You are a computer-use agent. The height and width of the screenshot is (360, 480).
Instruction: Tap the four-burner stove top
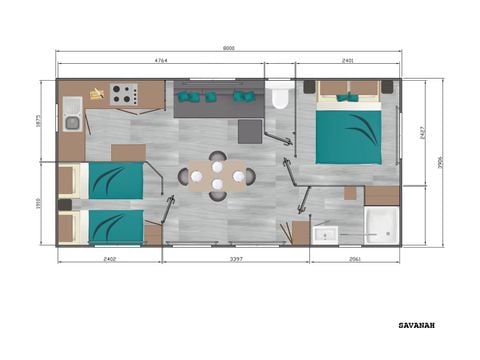124,95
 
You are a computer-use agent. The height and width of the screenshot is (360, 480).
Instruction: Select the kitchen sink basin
72,123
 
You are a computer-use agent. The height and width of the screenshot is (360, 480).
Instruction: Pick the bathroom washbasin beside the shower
325,234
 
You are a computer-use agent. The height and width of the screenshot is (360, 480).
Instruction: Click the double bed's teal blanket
349,136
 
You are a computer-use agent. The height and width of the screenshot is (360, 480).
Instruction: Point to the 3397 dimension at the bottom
236,260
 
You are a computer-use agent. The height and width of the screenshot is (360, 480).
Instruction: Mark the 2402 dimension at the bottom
110,260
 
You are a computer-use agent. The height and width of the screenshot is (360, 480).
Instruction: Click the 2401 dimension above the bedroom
347,61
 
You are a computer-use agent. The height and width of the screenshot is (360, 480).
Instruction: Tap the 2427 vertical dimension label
424,130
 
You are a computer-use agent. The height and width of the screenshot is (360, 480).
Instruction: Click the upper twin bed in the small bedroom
112,181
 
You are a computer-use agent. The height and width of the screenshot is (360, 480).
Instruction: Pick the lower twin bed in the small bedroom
112,226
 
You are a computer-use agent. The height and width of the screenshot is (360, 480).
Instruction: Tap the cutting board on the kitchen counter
96,95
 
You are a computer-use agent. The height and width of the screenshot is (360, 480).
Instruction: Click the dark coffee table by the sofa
249,131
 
